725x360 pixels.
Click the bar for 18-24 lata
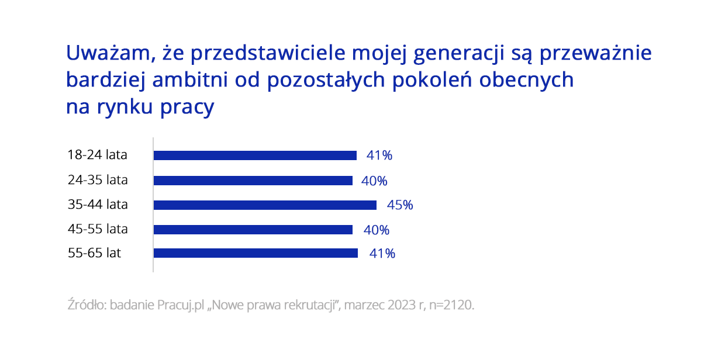tap(255, 155)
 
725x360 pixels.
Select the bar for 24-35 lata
tap(253, 181)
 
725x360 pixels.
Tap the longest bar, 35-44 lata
tap(265, 205)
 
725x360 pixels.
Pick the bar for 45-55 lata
tap(253, 230)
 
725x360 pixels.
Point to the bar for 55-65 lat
tap(256, 253)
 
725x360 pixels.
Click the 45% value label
tap(400, 205)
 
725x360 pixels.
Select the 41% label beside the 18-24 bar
tap(379, 155)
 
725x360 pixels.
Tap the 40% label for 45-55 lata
tap(377, 230)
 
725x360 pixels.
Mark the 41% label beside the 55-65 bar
tap(382, 254)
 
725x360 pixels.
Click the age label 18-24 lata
tap(98, 155)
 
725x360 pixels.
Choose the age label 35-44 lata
tap(98, 205)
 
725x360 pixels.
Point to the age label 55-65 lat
tap(94, 254)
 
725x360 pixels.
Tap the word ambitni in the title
tap(188, 80)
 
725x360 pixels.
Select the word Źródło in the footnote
tap(86, 305)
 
